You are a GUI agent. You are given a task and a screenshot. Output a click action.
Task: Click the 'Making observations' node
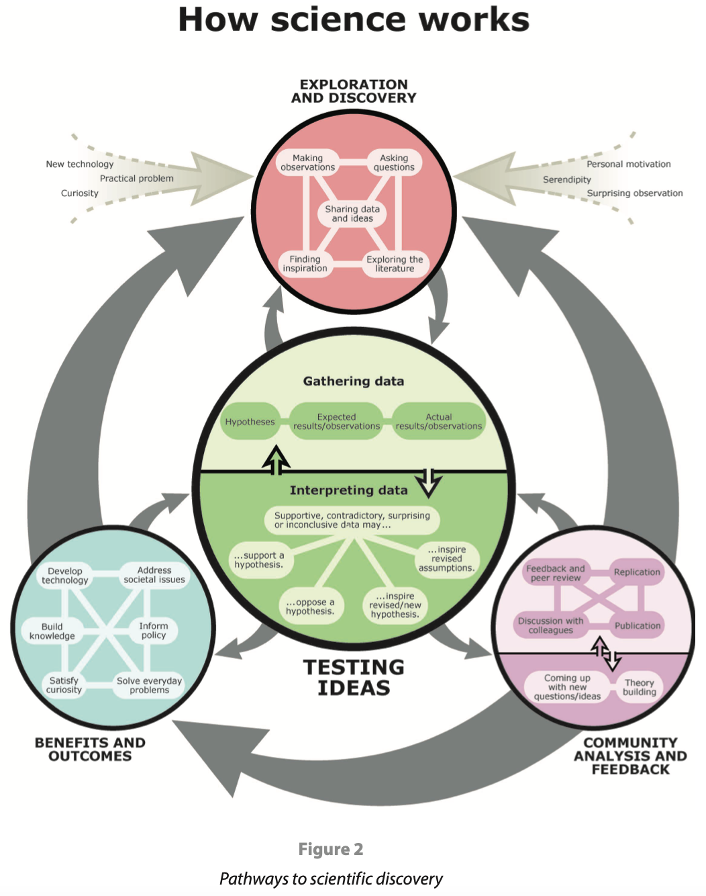[x=307, y=163]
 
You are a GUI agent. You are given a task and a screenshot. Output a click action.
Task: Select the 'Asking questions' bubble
[x=394, y=163]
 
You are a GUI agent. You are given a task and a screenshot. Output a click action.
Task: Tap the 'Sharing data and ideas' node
[x=352, y=214]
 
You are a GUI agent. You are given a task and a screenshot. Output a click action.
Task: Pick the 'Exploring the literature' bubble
[x=395, y=264]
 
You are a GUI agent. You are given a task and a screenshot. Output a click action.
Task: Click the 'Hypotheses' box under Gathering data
[x=250, y=421]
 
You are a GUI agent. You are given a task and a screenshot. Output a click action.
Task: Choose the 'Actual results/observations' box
[x=439, y=421]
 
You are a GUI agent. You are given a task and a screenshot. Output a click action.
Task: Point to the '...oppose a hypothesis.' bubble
[x=310, y=607]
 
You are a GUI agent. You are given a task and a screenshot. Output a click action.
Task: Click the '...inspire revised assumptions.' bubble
[x=447, y=558]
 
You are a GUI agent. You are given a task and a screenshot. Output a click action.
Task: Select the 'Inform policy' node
[x=154, y=631]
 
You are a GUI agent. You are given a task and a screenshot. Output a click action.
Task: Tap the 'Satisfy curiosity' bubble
[x=64, y=685]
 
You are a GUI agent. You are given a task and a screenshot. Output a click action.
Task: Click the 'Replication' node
[x=637, y=572]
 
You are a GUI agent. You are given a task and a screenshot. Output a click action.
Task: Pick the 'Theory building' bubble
[x=640, y=687]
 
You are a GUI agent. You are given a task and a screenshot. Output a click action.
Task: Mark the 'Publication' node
[x=638, y=625]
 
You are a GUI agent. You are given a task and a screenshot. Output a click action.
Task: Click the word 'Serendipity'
[x=566, y=179]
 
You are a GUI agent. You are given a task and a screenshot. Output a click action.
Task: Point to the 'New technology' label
[x=79, y=164]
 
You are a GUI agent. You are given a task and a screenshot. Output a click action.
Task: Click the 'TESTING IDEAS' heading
[x=354, y=677]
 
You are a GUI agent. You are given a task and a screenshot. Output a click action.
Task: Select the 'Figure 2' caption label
[x=331, y=850]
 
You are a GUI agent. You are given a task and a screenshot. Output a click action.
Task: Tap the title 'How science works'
[x=354, y=19]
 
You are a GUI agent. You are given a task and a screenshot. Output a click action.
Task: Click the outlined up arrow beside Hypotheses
[x=276, y=460]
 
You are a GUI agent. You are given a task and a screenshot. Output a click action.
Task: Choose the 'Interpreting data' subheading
[x=348, y=490]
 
